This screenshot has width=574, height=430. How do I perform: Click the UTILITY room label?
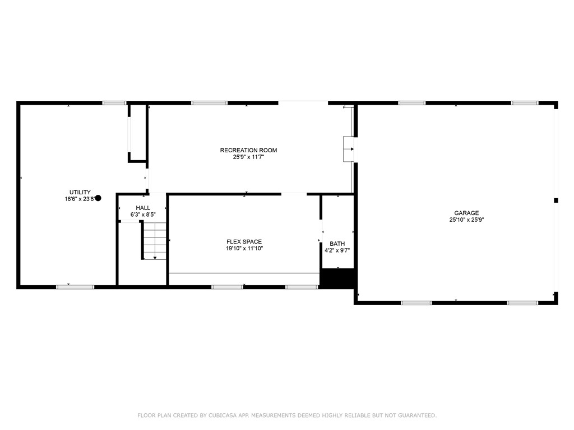pyautogui.click(x=80, y=192)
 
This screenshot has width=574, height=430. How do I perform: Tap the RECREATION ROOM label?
pyautogui.click(x=248, y=150)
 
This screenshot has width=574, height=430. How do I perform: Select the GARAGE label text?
pyautogui.click(x=466, y=213)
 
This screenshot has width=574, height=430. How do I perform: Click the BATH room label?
pyautogui.click(x=337, y=244)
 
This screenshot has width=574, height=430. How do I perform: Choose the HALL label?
pyautogui.click(x=142, y=208)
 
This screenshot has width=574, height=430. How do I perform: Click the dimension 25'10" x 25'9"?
pyautogui.click(x=466, y=220)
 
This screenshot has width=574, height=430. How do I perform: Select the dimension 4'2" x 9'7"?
pyautogui.click(x=337, y=250)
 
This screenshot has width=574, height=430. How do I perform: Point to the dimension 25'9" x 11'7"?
pyautogui.click(x=248, y=157)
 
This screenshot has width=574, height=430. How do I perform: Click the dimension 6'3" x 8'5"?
pyautogui.click(x=142, y=214)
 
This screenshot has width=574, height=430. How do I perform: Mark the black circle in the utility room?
pyautogui.click(x=98, y=198)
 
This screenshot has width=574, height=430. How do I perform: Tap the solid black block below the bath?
pyautogui.click(x=338, y=278)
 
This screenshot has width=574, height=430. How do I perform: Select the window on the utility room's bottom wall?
pyautogui.click(x=75, y=287)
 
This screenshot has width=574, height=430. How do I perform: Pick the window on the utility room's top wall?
pyautogui.click(x=114, y=103)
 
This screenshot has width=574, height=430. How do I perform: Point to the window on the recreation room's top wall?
pyautogui.click(x=209, y=103)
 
